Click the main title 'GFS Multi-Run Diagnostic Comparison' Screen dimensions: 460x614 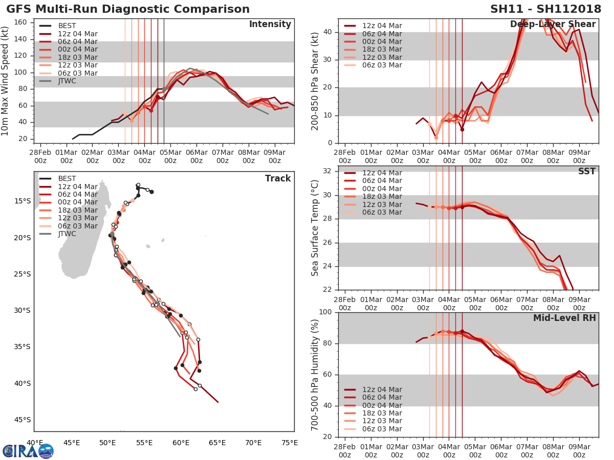tap(128, 9)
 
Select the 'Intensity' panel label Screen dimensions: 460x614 tap(270, 25)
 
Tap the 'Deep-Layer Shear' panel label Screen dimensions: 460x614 tap(553, 25)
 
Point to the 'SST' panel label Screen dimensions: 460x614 tap(587, 171)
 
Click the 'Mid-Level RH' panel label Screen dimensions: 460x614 tap(564, 318)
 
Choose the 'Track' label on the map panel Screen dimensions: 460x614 tap(278, 178)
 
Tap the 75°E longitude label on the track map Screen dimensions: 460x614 tap(290, 443)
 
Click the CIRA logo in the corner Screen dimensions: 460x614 tap(28, 451)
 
